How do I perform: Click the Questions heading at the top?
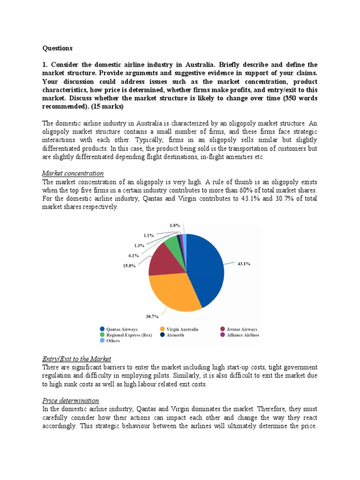point(58,48)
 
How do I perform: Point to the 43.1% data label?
point(243,264)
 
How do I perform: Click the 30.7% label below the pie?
point(152,316)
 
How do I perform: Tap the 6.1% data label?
point(134,255)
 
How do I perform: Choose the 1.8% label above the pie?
point(175,225)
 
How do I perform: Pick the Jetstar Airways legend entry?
point(241,329)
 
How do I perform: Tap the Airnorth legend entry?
point(175,335)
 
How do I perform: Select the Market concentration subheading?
point(73,173)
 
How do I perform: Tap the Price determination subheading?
point(70,400)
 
